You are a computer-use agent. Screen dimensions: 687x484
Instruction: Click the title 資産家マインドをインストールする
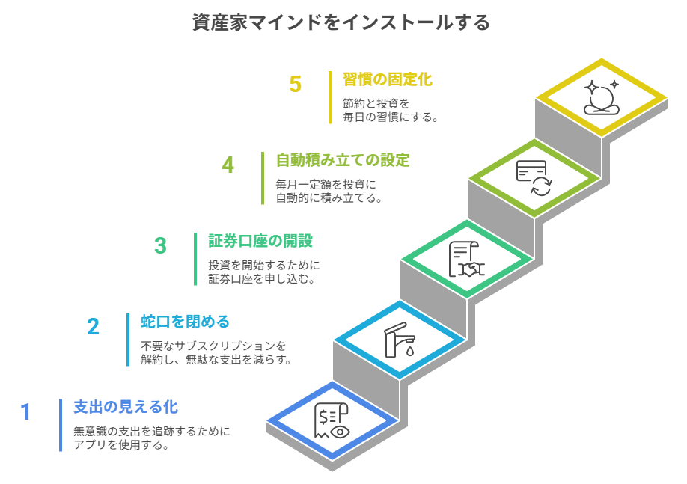coord(341,22)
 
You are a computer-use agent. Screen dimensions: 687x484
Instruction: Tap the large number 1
coord(26,411)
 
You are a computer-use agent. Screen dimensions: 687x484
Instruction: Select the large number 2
coord(94,327)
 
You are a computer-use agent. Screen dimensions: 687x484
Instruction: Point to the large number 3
coord(161,245)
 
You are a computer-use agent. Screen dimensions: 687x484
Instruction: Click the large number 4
coord(228,165)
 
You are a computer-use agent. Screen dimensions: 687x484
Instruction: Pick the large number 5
coord(296,84)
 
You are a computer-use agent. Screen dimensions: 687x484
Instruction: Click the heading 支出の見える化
coord(126,407)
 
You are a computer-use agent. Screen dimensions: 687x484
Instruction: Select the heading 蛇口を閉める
coord(186,322)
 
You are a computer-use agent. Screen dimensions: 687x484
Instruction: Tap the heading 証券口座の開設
coord(260,240)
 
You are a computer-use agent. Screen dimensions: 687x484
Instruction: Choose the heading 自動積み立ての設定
coord(343,160)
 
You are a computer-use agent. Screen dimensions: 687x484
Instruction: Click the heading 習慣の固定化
coord(388,79)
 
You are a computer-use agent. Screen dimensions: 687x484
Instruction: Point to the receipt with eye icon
coord(332,420)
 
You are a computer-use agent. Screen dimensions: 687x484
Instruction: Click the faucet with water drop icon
coord(400,340)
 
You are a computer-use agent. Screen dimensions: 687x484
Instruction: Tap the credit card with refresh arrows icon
coord(534,178)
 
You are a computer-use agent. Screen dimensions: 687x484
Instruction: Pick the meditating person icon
coord(602,97)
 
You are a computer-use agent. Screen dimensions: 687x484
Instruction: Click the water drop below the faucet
coord(410,351)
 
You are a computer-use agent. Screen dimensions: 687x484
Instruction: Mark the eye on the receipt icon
coord(340,432)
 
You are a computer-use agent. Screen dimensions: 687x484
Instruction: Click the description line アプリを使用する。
coord(121,445)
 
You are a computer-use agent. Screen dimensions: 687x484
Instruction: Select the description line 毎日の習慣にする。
coord(391,117)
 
